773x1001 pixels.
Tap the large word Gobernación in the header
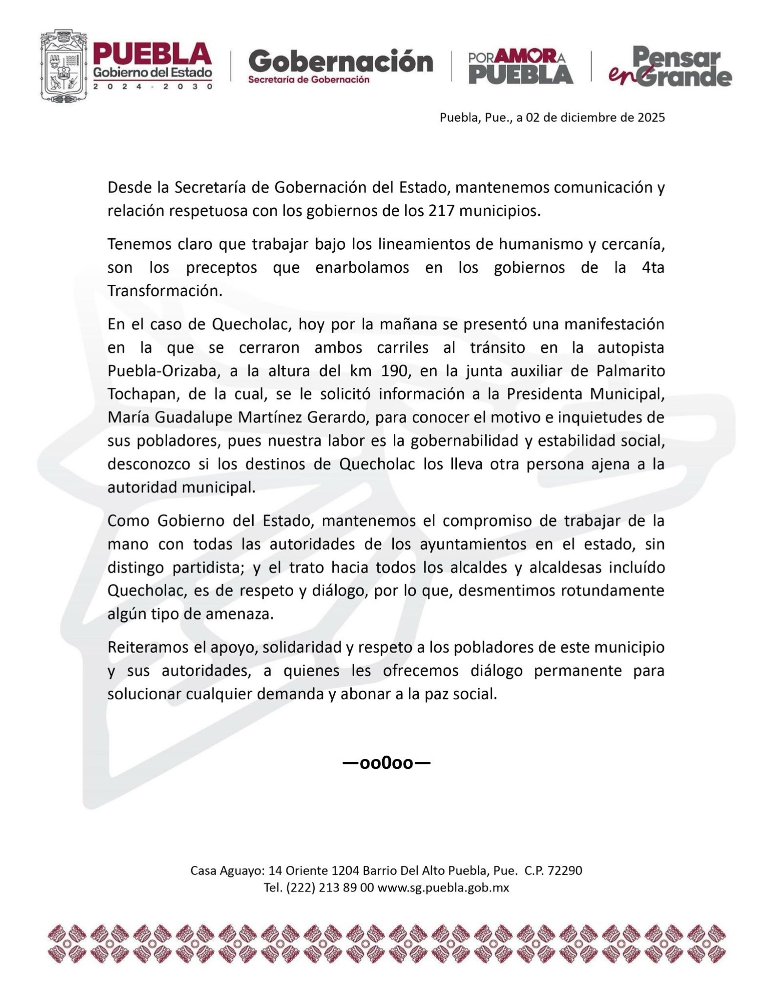(341, 62)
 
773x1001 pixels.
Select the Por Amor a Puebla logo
(520, 66)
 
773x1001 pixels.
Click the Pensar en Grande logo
(670, 66)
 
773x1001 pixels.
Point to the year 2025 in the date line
(651, 118)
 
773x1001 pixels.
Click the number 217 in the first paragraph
(441, 211)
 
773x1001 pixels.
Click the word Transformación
(165, 291)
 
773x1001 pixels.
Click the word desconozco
(149, 464)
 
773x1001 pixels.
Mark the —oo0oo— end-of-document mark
(386, 763)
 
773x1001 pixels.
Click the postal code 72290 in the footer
(565, 870)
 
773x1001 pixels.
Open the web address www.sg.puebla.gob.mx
(443, 887)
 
